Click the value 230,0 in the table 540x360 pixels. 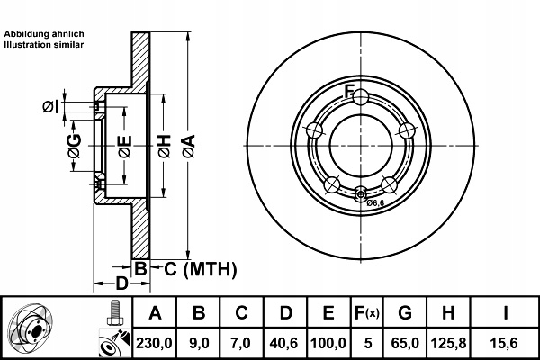(x=154, y=343)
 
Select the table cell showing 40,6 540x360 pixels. (x=284, y=343)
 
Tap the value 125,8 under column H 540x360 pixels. (x=448, y=343)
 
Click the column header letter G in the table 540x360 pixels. (x=405, y=313)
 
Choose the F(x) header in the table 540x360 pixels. (x=367, y=313)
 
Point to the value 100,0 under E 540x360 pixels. (x=328, y=343)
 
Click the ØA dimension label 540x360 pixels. (x=189, y=147)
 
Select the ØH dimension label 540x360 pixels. (x=165, y=147)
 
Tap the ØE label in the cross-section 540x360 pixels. (x=125, y=147)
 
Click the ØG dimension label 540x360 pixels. (x=75, y=146)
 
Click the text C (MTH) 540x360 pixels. (x=201, y=269)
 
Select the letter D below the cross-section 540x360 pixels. (x=121, y=283)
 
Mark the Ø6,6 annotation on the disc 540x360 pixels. (x=375, y=203)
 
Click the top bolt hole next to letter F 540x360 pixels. (x=361, y=97)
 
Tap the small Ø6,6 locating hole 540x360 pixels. (x=361, y=194)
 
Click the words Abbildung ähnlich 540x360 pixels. (x=44, y=34)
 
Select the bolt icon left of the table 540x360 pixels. (x=114, y=313)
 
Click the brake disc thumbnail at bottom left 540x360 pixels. (x=31, y=328)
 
